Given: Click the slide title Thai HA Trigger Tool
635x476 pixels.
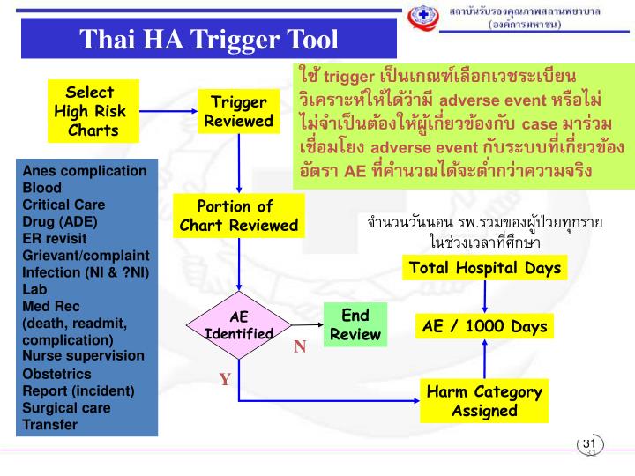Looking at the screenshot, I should tap(209, 40).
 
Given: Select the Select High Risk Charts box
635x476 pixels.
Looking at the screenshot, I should tap(90, 112).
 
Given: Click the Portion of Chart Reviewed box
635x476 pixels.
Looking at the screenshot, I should tap(238, 216).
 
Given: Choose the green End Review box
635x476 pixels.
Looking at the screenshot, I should tap(355, 324).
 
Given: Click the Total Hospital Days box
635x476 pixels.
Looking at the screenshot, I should tap(484, 267).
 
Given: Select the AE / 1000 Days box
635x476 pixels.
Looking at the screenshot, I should tap(484, 326).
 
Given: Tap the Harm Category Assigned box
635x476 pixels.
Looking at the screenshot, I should tap(484, 401).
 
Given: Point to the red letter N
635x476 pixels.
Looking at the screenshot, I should tap(300, 347).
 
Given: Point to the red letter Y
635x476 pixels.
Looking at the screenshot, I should tap(225, 380).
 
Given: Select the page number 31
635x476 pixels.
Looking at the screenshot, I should tap(589, 443).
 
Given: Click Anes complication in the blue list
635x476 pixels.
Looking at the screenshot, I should tap(85, 170).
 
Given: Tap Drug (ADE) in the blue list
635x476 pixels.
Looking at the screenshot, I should tap(60, 221).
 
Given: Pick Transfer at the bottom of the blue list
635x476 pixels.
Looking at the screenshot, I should tap(49, 424).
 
